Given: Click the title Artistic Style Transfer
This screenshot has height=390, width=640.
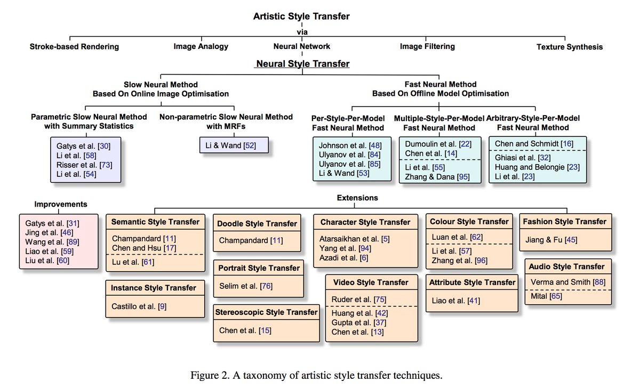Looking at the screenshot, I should click(302, 17).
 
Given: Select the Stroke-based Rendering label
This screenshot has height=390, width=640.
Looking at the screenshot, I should click(74, 46).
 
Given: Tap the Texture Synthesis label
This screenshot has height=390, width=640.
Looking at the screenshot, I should click(570, 47).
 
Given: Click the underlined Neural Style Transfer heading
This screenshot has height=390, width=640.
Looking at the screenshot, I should click(303, 64).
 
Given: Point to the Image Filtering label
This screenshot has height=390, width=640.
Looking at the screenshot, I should click(427, 46).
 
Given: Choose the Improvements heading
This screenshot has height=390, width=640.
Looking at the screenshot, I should click(61, 204).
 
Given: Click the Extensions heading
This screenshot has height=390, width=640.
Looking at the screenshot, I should click(357, 198).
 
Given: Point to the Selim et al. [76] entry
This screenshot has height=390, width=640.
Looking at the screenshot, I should click(246, 286).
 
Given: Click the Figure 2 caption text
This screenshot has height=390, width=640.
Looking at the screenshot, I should click(316, 375).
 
